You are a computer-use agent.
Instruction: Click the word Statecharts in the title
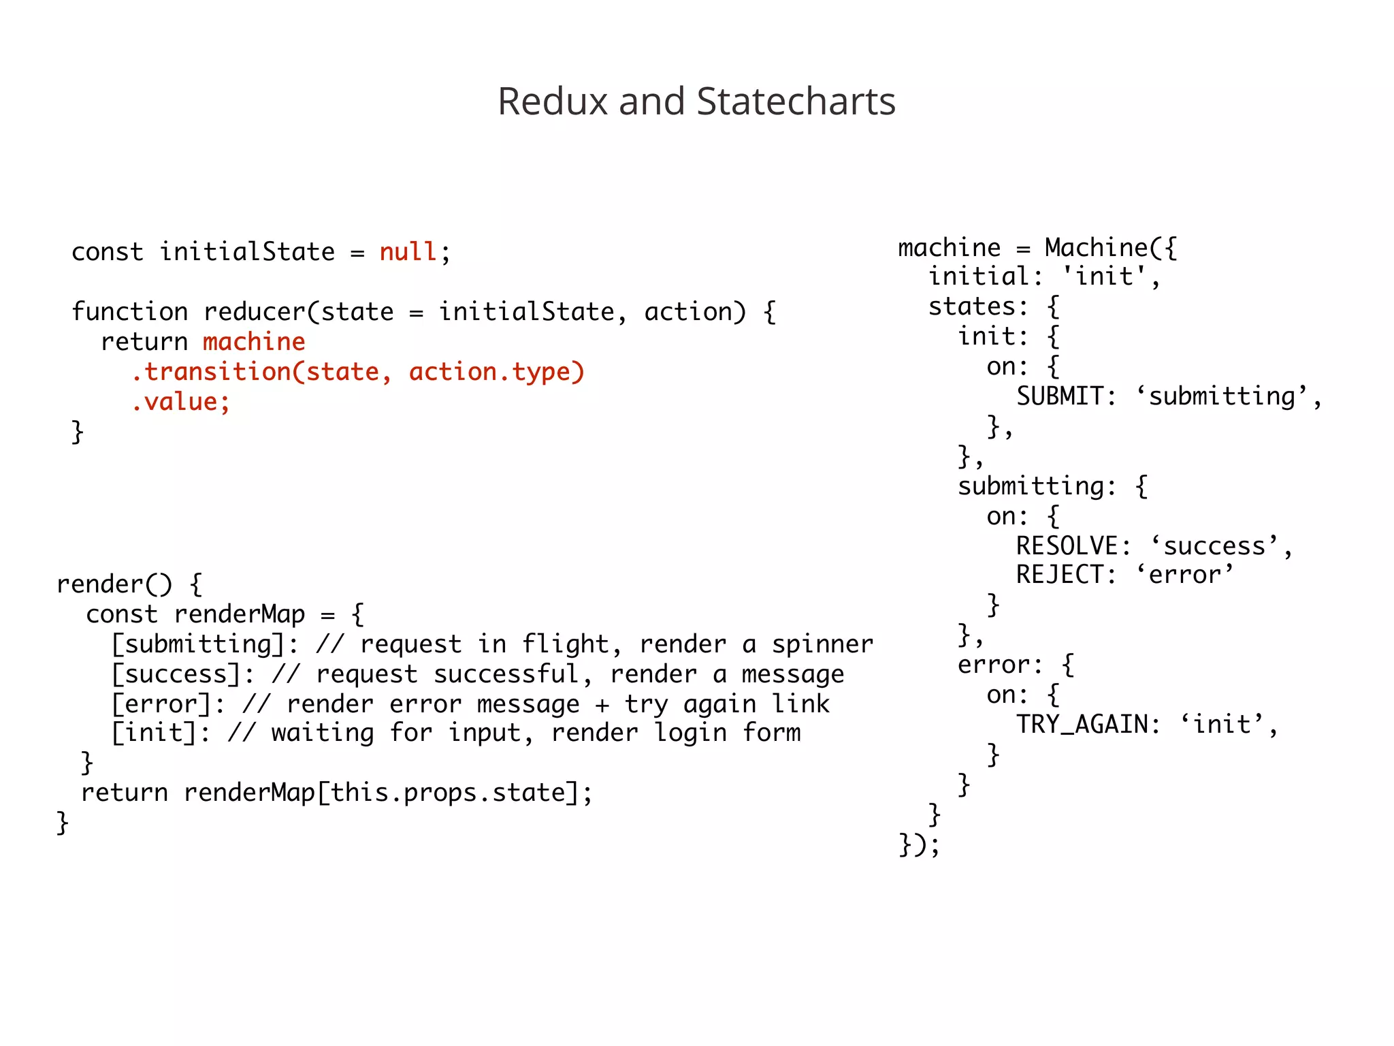(796, 101)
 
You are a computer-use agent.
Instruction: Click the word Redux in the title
(552, 101)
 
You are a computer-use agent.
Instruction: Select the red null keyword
(407, 252)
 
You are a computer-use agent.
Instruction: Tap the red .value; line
(180, 402)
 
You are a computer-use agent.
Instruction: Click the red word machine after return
(254, 342)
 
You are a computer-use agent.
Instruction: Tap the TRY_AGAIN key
(1082, 725)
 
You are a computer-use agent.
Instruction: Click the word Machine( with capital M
(1103, 248)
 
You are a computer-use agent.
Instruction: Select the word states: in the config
(978, 307)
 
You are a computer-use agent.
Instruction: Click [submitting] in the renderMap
(198, 644)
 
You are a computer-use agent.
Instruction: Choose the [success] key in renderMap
(176, 674)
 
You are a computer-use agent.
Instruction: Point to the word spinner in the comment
(822, 644)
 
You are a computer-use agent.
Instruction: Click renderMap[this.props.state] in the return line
(382, 793)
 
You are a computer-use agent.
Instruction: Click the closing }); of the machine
(919, 844)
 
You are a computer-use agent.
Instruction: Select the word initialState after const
(247, 252)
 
